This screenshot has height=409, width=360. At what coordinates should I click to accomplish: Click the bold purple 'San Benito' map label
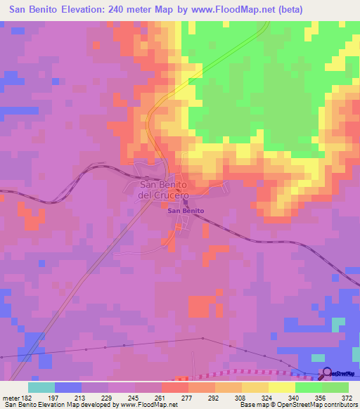pos(186,211)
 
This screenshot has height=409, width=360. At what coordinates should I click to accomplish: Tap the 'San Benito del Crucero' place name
pos(163,190)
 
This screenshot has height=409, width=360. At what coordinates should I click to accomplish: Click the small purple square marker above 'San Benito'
pos(186,203)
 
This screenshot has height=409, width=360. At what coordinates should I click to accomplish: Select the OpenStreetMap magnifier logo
pos(326,375)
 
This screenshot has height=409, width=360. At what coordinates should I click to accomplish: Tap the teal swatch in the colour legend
pos(41,388)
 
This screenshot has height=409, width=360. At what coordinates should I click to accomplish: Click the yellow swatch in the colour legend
pos(281,388)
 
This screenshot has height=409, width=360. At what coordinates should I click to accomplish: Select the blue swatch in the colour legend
pos(67,388)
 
